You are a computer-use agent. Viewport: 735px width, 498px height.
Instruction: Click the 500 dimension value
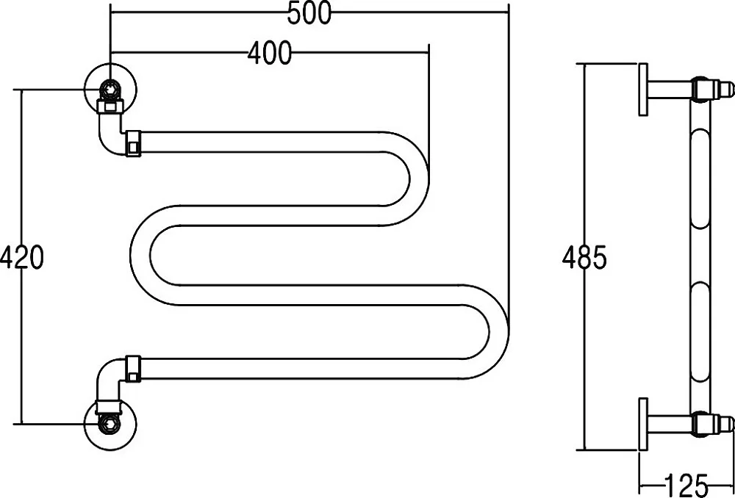coord(309,13)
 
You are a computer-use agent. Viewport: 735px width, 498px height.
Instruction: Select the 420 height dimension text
coord(22,257)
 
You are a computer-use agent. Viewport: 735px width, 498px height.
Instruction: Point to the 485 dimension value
coord(584,257)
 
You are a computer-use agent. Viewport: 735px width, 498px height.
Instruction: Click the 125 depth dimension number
coord(685,486)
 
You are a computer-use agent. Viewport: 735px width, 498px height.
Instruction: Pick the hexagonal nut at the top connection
coord(111,88)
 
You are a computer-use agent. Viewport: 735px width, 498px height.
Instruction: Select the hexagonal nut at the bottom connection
coord(111,425)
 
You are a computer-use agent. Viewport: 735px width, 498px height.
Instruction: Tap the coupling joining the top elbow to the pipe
coord(133,143)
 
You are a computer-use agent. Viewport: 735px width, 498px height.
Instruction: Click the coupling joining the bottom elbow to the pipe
coord(133,369)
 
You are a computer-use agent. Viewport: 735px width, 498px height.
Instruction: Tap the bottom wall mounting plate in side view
coord(643,425)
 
